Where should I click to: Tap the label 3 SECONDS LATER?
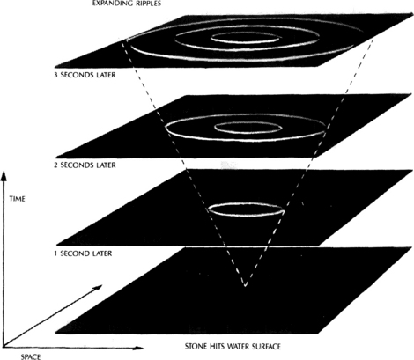[x=85, y=75]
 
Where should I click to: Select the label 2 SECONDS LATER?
[x=85, y=165]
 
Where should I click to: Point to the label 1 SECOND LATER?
[x=83, y=253]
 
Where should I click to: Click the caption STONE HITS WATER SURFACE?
[x=233, y=347]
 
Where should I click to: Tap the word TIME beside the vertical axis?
[x=18, y=199]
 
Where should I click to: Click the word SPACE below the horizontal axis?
[x=31, y=356]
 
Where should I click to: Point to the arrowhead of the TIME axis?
[x=4, y=177]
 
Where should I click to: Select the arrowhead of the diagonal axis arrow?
[x=98, y=287]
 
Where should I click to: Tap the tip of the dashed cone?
[x=245, y=285]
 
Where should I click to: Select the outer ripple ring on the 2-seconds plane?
[x=246, y=141]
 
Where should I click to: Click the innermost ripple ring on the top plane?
[x=246, y=43]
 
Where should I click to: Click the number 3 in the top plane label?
[x=55, y=75]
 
